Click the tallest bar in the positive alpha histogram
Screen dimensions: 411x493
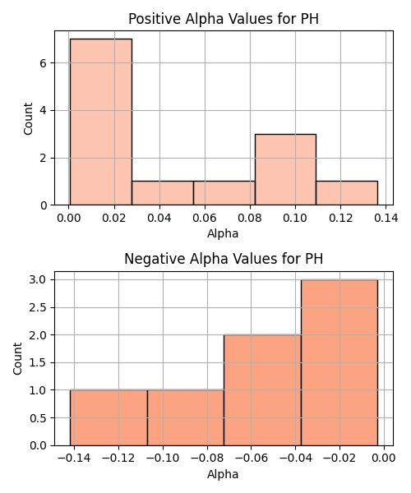[x=101, y=122]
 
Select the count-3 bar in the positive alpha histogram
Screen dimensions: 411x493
[x=285, y=170]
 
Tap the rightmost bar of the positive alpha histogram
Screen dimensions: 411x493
[x=347, y=193]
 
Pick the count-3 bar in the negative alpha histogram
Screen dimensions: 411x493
[x=339, y=362]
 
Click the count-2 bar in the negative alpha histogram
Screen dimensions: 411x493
[x=262, y=390]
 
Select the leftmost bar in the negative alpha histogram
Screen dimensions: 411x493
[x=109, y=418]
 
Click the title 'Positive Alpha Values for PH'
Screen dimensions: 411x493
[x=224, y=19]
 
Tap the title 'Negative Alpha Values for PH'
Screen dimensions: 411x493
[x=224, y=259]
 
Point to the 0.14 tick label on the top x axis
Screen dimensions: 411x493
[x=386, y=218]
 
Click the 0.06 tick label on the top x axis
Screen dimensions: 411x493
[x=205, y=218]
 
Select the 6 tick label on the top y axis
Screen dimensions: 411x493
[x=43, y=63]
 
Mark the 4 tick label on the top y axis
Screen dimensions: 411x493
[x=43, y=111]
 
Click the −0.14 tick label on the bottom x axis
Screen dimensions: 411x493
[x=74, y=458]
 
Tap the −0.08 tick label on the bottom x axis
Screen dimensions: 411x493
[x=207, y=458]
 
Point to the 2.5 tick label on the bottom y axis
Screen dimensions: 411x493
[x=38, y=307]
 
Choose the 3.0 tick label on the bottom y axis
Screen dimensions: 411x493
[x=38, y=280]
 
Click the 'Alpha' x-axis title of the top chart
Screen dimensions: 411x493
[x=223, y=233]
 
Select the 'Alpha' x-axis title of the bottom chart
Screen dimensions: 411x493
[x=223, y=474]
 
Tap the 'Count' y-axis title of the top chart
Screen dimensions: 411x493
[x=28, y=118]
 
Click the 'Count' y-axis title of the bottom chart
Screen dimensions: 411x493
[x=17, y=359]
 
